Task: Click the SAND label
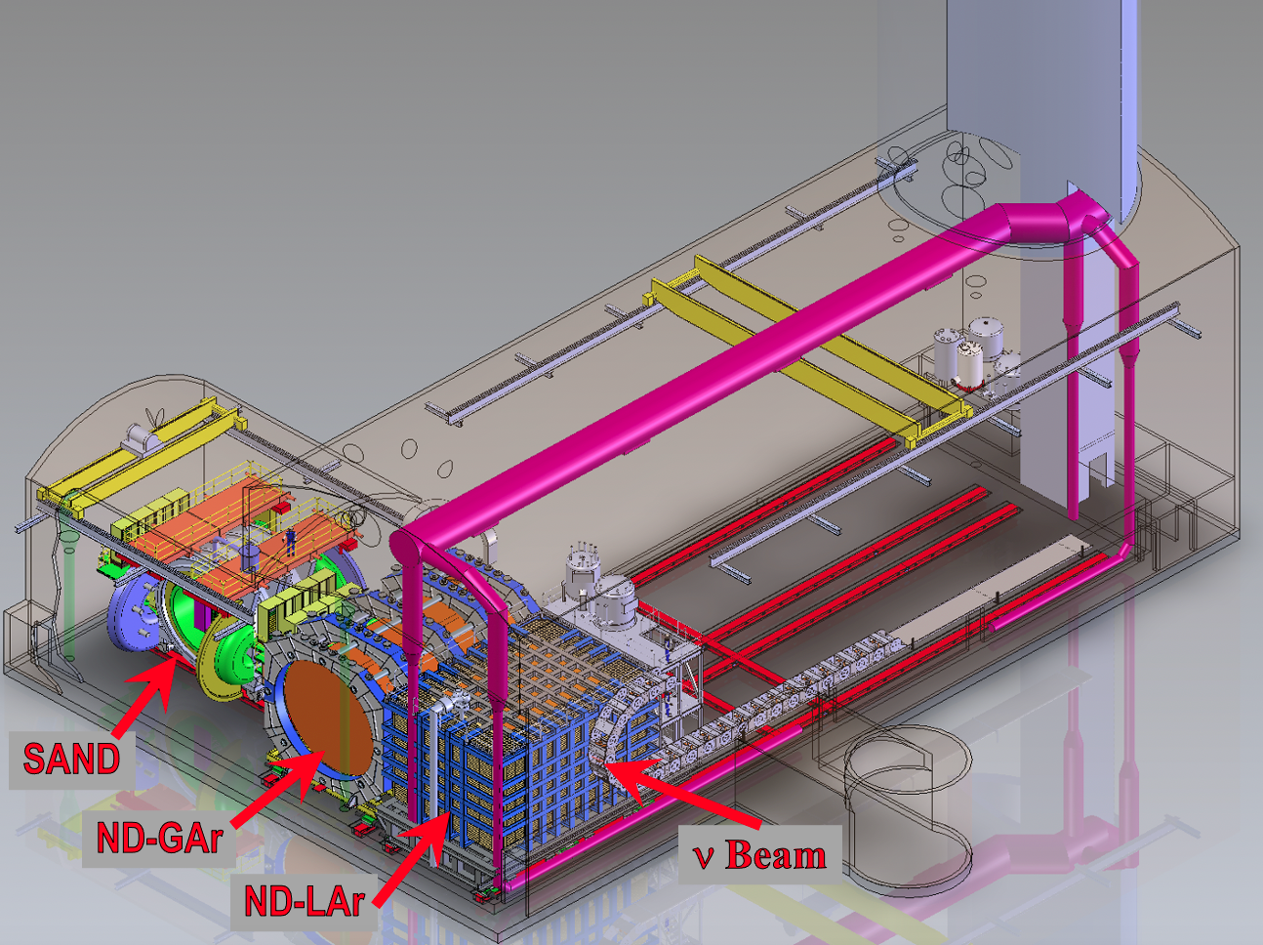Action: [x=71, y=758]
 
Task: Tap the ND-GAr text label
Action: [x=159, y=838]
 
